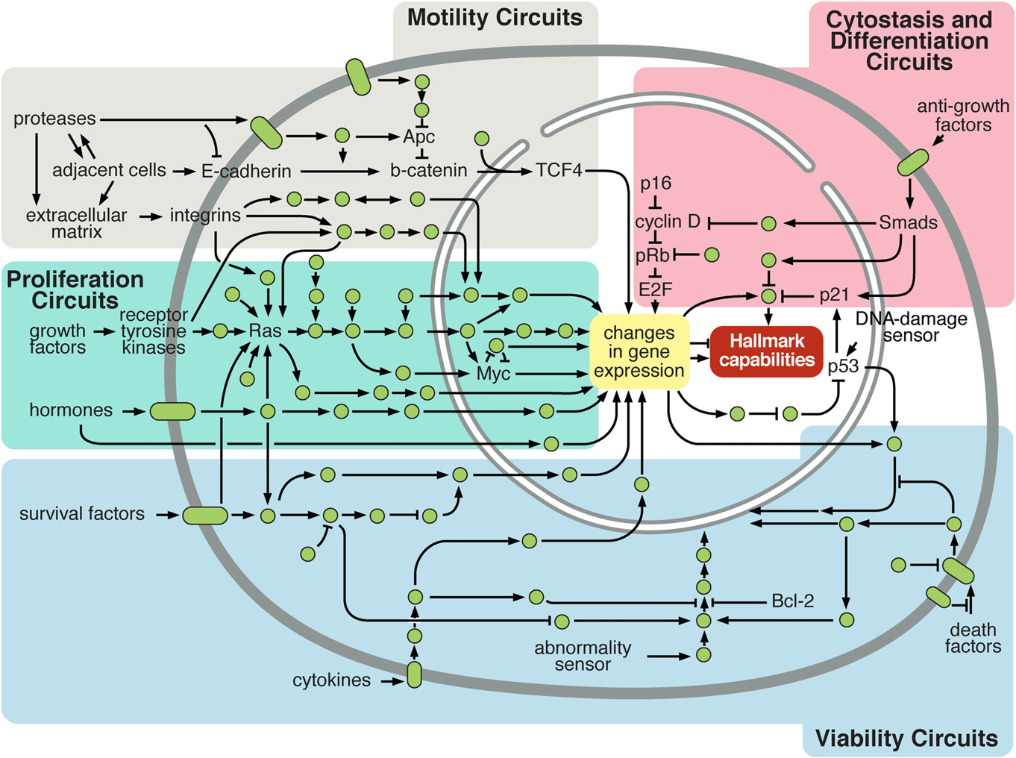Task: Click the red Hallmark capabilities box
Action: [x=766, y=351]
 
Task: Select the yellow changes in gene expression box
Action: [x=639, y=352]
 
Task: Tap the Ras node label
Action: [x=266, y=331]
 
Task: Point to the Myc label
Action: [x=493, y=373]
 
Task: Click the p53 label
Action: [x=843, y=366]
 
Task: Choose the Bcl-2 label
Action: [x=792, y=601]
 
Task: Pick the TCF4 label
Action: [x=559, y=170]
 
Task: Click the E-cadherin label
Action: [x=246, y=172]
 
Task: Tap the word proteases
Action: [x=54, y=119]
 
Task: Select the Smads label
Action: [x=908, y=222]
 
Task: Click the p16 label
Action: [x=656, y=183]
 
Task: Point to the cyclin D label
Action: [x=668, y=222]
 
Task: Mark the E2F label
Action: [x=656, y=289]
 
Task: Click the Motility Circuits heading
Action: [x=495, y=18]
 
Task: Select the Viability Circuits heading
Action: [x=906, y=738]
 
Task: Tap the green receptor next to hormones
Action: [x=172, y=411]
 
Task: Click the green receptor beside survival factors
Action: [x=205, y=515]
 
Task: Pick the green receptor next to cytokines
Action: [x=414, y=674]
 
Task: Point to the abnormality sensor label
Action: [x=583, y=656]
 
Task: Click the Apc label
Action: [x=418, y=137]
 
